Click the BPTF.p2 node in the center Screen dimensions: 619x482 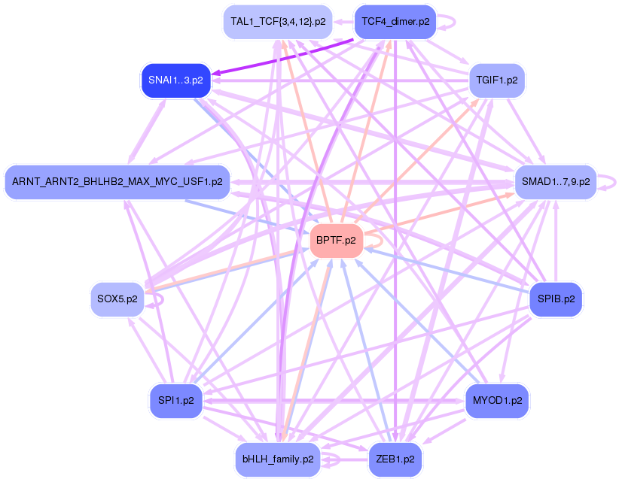click(x=337, y=241)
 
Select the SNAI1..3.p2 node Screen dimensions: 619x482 click(x=175, y=80)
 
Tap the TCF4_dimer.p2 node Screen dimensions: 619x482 click(x=395, y=22)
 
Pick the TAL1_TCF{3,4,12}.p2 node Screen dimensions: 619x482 click(x=278, y=22)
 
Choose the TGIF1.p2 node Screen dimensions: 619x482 click(x=497, y=80)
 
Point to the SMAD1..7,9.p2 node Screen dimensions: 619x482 click(x=555, y=182)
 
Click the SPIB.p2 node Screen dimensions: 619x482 click(x=556, y=299)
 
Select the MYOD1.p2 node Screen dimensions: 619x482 click(x=497, y=400)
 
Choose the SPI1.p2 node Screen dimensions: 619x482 click(x=175, y=400)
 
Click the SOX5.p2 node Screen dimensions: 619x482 click(x=117, y=299)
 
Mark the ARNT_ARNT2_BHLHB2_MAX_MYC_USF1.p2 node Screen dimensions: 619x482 click(x=117, y=182)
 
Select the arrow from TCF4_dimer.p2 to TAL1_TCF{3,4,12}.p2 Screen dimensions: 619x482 click(x=343, y=22)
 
